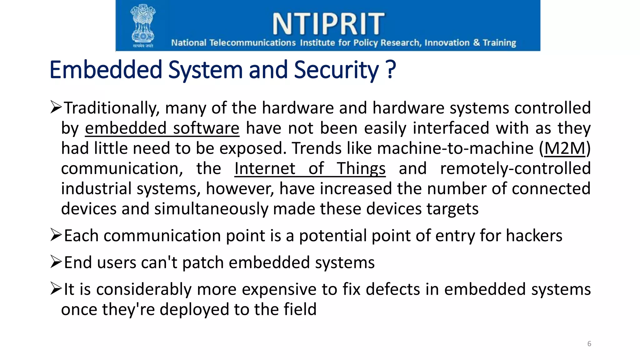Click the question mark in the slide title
pos(391,69)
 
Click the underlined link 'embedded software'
pos(162,128)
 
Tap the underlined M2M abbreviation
pos(565,148)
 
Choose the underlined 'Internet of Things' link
pos(310,169)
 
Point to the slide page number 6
pos(589,344)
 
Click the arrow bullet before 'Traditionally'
pos(56,107)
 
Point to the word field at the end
pos(300,309)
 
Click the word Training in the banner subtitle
pos(499,43)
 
